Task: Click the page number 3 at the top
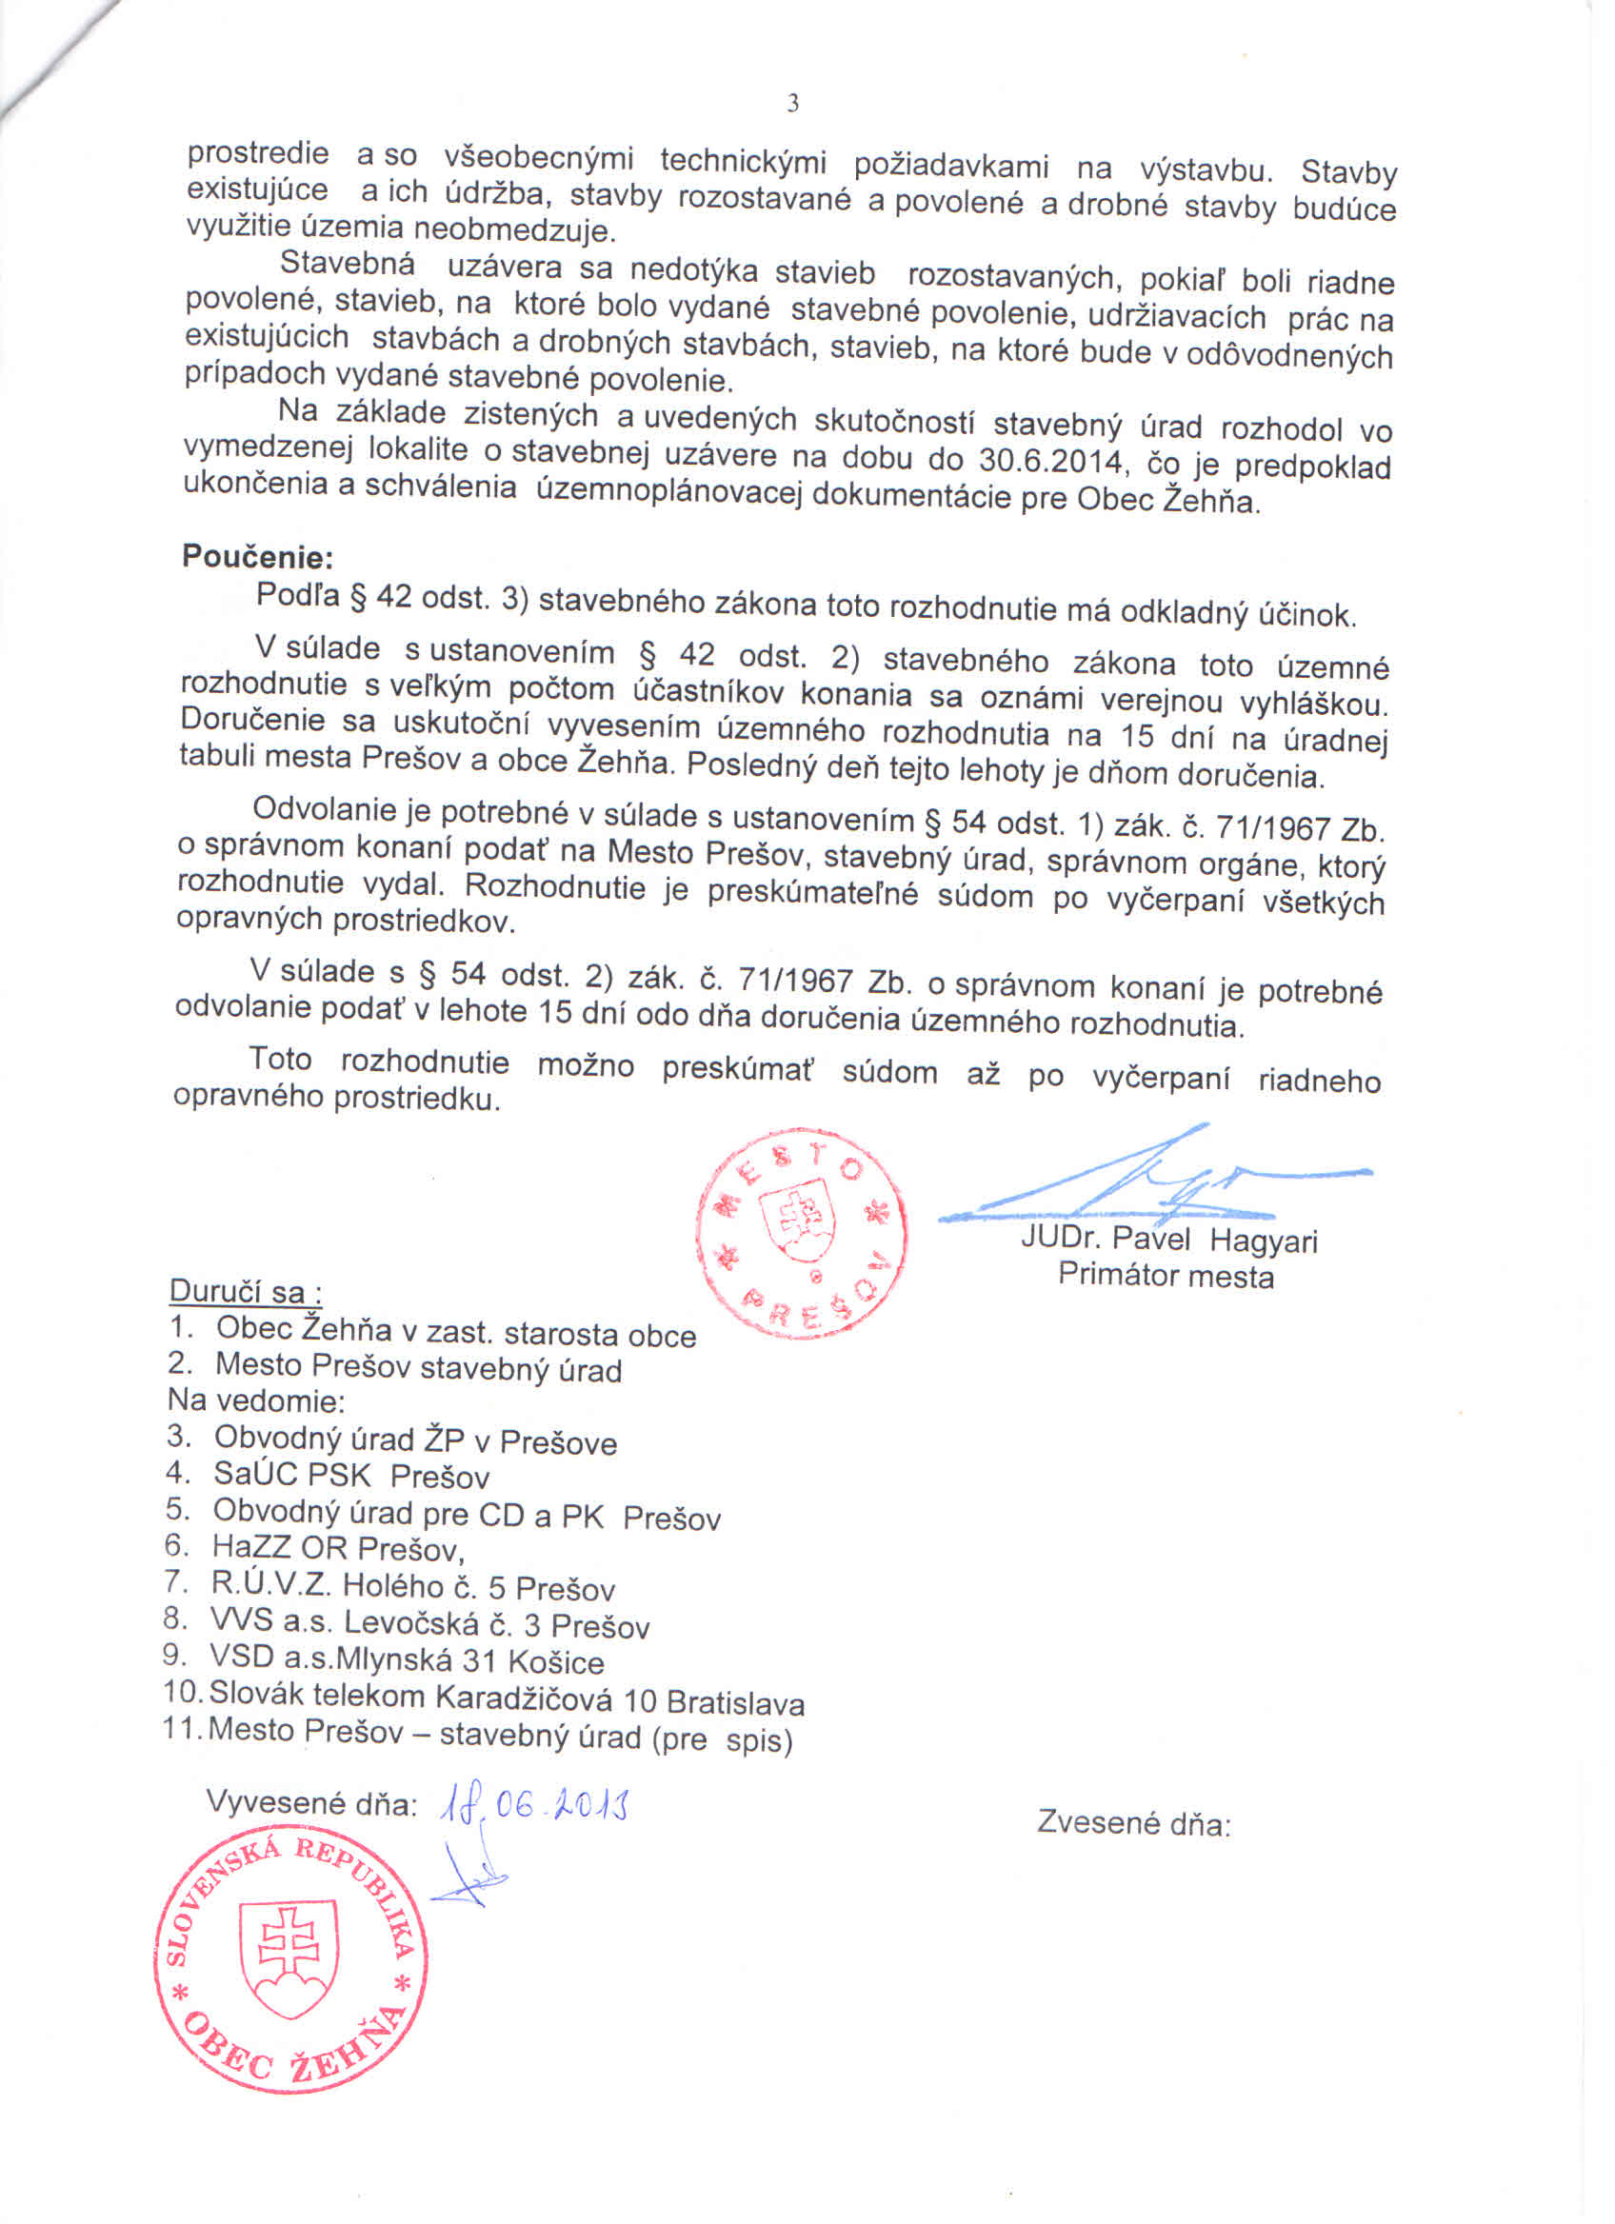792,104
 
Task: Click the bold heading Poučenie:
258,557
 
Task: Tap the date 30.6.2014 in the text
1049,460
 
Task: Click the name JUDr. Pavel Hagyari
1168,1240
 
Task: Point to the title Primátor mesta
1166,1276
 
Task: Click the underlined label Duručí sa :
246,1291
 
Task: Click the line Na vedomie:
256,1400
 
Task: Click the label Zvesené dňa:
1133,1823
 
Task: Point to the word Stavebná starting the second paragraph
348,264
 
